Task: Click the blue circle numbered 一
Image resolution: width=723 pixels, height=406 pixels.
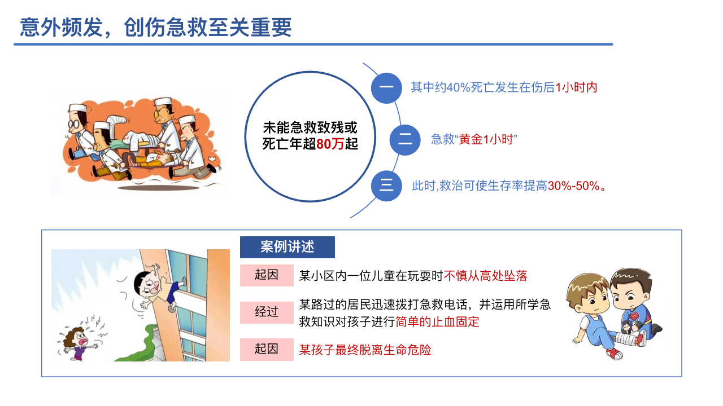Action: [x=386, y=88]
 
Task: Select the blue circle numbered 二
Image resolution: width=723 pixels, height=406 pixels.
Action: [x=405, y=140]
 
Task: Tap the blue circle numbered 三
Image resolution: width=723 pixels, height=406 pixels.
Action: [x=386, y=186]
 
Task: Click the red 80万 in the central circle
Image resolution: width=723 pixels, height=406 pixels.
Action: [x=330, y=144]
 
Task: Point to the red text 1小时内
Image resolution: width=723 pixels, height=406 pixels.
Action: [x=577, y=87]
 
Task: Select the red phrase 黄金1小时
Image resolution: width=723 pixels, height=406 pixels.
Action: [x=486, y=139]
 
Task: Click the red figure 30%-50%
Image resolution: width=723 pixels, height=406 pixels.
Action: [x=573, y=186]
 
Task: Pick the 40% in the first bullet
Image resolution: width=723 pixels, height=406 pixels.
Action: [x=459, y=87]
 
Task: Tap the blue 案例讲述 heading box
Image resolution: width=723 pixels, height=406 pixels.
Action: [x=288, y=247]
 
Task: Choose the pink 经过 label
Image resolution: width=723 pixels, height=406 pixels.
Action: [x=267, y=312]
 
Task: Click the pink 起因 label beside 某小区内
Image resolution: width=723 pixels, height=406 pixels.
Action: [x=267, y=275]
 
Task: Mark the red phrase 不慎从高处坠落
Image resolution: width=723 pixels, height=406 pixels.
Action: [x=485, y=276]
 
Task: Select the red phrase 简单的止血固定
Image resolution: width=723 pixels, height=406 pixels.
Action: [x=437, y=321]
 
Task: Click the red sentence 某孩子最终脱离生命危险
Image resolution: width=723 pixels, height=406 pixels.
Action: [x=365, y=350]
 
